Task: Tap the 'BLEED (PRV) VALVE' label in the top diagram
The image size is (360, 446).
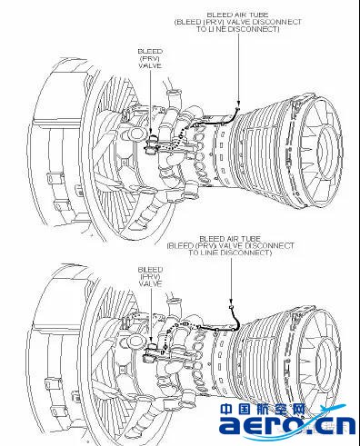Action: [150, 58]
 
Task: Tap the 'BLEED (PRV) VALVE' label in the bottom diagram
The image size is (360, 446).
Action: [150, 277]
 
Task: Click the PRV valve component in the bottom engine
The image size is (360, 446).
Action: [151, 352]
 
